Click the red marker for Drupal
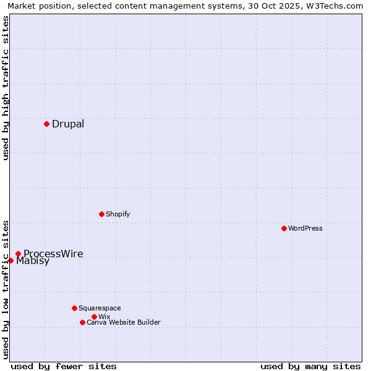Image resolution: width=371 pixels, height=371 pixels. [x=46, y=124]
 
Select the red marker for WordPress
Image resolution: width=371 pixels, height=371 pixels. [x=284, y=228]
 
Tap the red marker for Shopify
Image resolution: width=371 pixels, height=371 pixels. [x=101, y=214]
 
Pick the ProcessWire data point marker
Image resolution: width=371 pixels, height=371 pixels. [x=18, y=254]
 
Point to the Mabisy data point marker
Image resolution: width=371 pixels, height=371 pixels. [x=11, y=260]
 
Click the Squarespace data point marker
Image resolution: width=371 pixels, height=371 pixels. [x=74, y=308]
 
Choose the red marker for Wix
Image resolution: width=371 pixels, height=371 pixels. [x=94, y=317]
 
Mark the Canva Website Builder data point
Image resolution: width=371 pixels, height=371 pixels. [x=82, y=322]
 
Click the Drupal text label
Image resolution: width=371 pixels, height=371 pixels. [x=68, y=124]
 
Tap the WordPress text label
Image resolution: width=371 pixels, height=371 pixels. [x=305, y=228]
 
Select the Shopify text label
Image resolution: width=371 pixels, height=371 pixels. [x=118, y=214]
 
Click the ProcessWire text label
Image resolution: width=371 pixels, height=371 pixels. [x=53, y=254]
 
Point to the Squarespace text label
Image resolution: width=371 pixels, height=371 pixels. [x=100, y=308]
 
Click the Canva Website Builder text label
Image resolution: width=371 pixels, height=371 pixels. [x=124, y=322]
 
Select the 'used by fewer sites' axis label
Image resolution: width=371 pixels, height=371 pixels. [x=64, y=366]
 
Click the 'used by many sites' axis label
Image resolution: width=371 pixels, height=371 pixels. [x=310, y=366]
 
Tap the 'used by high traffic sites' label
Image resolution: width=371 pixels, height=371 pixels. [x=6, y=88]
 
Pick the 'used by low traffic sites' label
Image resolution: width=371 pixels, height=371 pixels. [x=6, y=289]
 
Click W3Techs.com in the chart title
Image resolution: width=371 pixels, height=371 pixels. [x=333, y=6]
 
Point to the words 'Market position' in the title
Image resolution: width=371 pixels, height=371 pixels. [x=37, y=6]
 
